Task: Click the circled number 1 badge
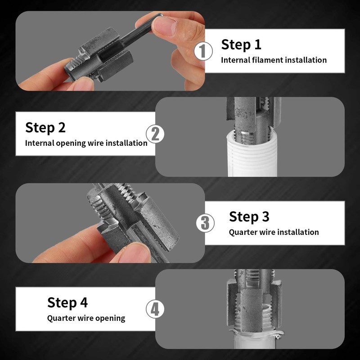pos(203,51)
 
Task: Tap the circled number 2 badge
pos(155,134)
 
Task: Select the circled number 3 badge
pos(205,223)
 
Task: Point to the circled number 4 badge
pos(155,310)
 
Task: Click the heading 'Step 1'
pos(241,45)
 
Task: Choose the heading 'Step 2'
pos(45,127)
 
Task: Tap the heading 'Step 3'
pos(249,216)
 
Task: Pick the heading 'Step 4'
pos(67,302)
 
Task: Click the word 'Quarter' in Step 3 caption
pos(243,232)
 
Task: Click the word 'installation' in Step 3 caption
pos(298,232)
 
